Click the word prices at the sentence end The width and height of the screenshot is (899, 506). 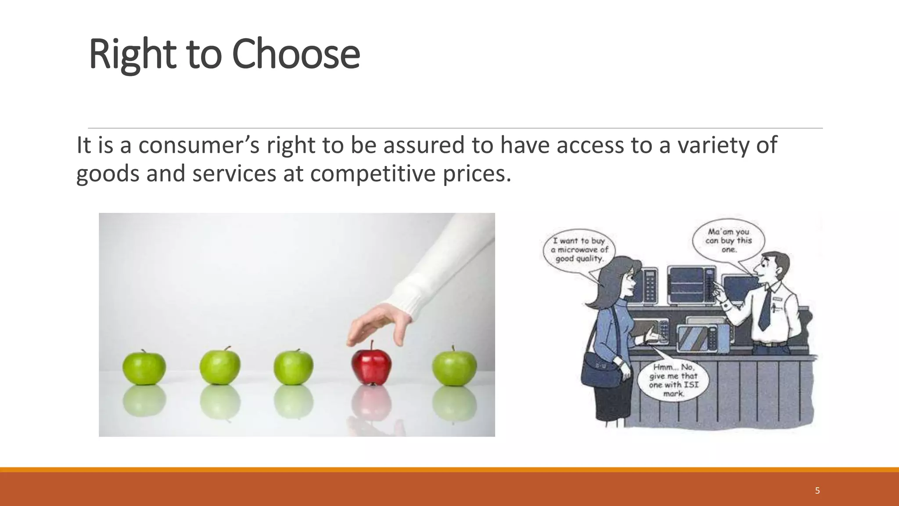tap(476, 173)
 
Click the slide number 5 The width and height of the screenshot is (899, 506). tap(817, 491)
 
